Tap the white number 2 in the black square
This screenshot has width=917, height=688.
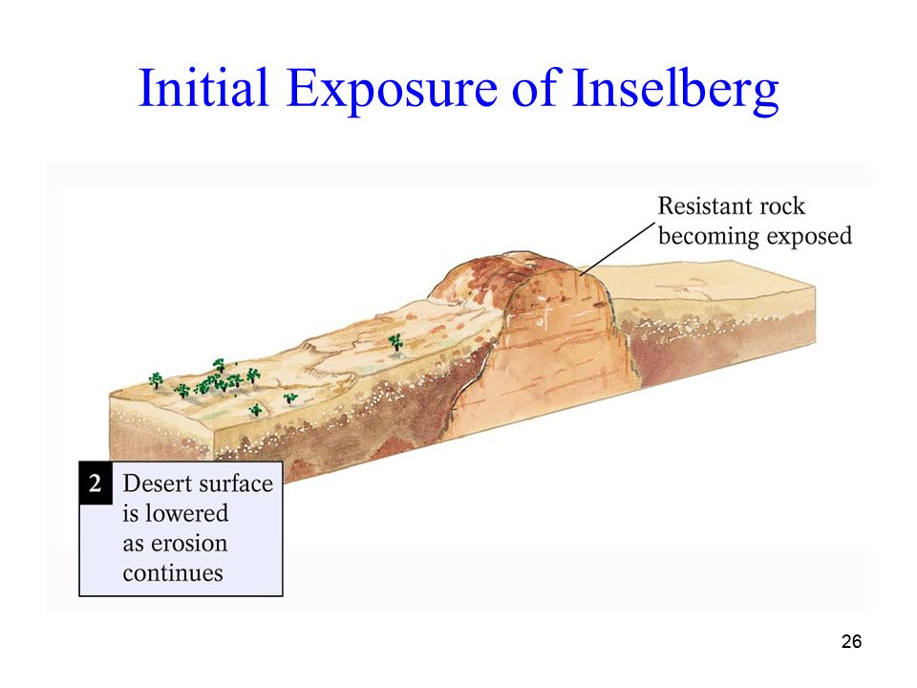click(x=96, y=484)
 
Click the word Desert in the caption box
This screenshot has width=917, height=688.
click(x=157, y=484)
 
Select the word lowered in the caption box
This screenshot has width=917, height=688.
click(x=186, y=513)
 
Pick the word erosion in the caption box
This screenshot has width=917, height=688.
click(x=189, y=544)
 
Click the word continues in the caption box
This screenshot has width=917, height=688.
click(x=173, y=572)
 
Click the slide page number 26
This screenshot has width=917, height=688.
click(x=851, y=642)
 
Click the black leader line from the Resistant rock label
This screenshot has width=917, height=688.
click(x=617, y=248)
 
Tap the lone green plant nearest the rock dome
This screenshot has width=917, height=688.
click(x=395, y=343)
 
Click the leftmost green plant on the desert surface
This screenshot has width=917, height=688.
click(x=156, y=380)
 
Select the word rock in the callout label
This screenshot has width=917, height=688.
click(x=779, y=206)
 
